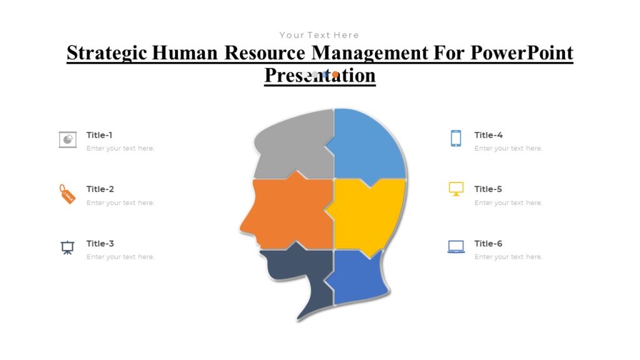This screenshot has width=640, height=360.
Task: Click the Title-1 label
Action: pos(99,135)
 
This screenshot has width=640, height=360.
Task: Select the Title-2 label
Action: pos(100,189)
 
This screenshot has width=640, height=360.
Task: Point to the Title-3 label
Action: pos(100,243)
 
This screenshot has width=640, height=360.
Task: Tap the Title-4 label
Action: pos(488,135)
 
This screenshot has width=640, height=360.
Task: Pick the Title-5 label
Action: pos(488,189)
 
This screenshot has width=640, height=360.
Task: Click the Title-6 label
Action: pos(488,243)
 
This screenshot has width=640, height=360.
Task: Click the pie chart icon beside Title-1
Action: pos(67,139)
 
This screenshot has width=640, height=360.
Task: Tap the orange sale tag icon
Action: pos(66,194)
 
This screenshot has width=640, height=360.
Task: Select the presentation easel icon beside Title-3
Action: pos(67,247)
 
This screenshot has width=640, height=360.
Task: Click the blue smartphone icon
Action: pos(456,138)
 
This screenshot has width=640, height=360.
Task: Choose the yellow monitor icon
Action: pos(456,189)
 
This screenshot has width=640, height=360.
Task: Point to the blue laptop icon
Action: pos(456,247)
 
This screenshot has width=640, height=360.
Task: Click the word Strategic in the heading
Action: pos(106,53)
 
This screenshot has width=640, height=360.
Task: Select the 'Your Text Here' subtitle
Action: pos(319,35)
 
